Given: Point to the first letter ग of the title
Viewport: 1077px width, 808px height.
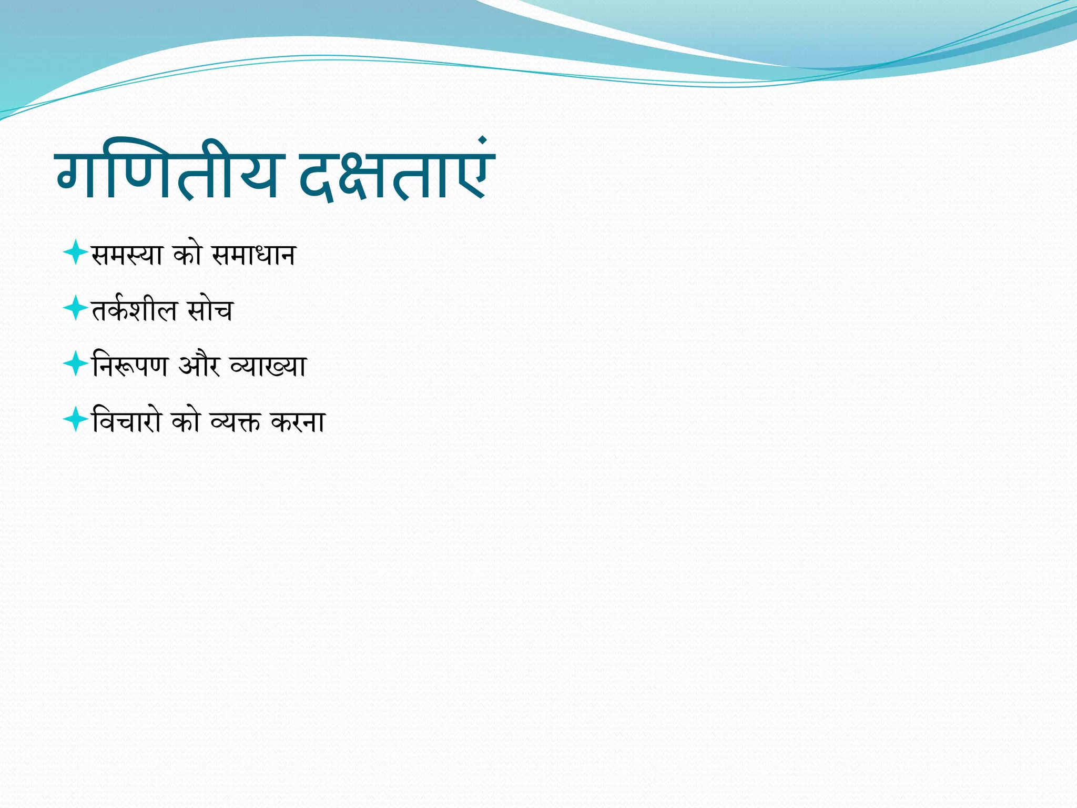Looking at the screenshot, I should (x=79, y=174).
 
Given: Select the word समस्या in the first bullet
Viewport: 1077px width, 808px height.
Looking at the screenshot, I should (x=127, y=255).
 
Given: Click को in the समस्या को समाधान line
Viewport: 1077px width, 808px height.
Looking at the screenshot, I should (x=188, y=255).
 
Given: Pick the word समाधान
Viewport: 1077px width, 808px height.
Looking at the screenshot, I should (x=253, y=255).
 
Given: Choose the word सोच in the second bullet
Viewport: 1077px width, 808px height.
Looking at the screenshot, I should (x=210, y=310).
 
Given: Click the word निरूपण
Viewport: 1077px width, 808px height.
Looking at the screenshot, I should (x=130, y=366).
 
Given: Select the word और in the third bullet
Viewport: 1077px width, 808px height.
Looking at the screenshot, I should (x=199, y=365).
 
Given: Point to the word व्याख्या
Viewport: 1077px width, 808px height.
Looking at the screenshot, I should (x=268, y=366).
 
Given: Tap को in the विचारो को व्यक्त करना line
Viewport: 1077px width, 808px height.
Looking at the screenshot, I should (x=187, y=421).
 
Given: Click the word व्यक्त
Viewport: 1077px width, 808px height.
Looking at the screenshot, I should (x=235, y=421).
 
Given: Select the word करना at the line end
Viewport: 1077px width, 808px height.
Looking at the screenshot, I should (x=298, y=421).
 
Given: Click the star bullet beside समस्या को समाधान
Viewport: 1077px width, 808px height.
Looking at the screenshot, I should (x=75, y=252).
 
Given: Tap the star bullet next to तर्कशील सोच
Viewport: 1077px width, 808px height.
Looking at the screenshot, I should (x=75, y=308).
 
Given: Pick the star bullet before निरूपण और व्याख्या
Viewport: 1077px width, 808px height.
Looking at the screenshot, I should (x=75, y=363).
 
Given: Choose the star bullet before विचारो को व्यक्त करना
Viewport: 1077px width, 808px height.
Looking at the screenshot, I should (x=75, y=419).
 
